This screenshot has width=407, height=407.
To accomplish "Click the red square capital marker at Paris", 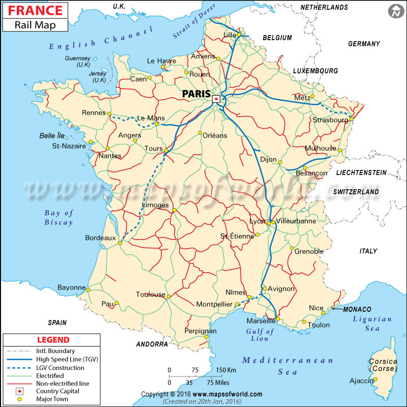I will pos(216,99).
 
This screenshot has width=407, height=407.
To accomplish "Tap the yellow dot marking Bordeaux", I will pos(120,243).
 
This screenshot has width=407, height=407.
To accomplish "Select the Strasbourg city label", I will pos(332,120).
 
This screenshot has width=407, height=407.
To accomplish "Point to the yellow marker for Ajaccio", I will pos(375,379).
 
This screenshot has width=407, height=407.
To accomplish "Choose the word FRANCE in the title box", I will pos(35,10).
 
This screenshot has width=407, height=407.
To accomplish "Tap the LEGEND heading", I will pos(53,340).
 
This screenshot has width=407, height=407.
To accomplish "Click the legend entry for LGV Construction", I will pos(60,368).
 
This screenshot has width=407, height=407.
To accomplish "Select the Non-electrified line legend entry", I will pos(63,384).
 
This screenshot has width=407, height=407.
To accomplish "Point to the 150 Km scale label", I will pos(226,370).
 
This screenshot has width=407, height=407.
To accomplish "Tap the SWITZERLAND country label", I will pos(356,192).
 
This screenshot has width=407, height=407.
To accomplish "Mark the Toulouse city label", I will pos(151,295).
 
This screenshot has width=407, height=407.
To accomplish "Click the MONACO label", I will pos(357,309).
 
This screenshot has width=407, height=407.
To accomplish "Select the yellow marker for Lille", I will pos(238,35).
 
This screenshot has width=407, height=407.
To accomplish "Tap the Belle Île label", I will pos(52,136).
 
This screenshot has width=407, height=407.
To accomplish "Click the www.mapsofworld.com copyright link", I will pos(228,394).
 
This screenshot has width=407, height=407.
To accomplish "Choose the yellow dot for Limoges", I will pos(174,210).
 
